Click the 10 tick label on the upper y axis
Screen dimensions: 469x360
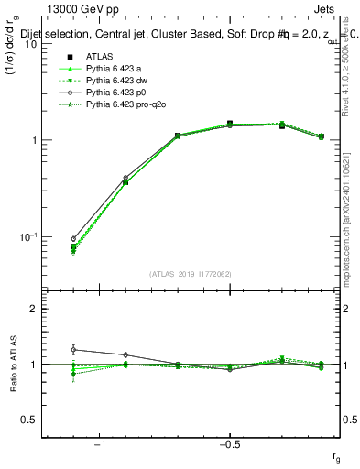29,43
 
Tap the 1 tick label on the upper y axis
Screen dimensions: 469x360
33,140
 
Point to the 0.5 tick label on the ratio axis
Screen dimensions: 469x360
29,420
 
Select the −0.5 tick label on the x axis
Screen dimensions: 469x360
229,443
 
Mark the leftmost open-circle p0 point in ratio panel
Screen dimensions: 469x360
73,350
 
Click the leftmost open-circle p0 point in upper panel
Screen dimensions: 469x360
73,239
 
